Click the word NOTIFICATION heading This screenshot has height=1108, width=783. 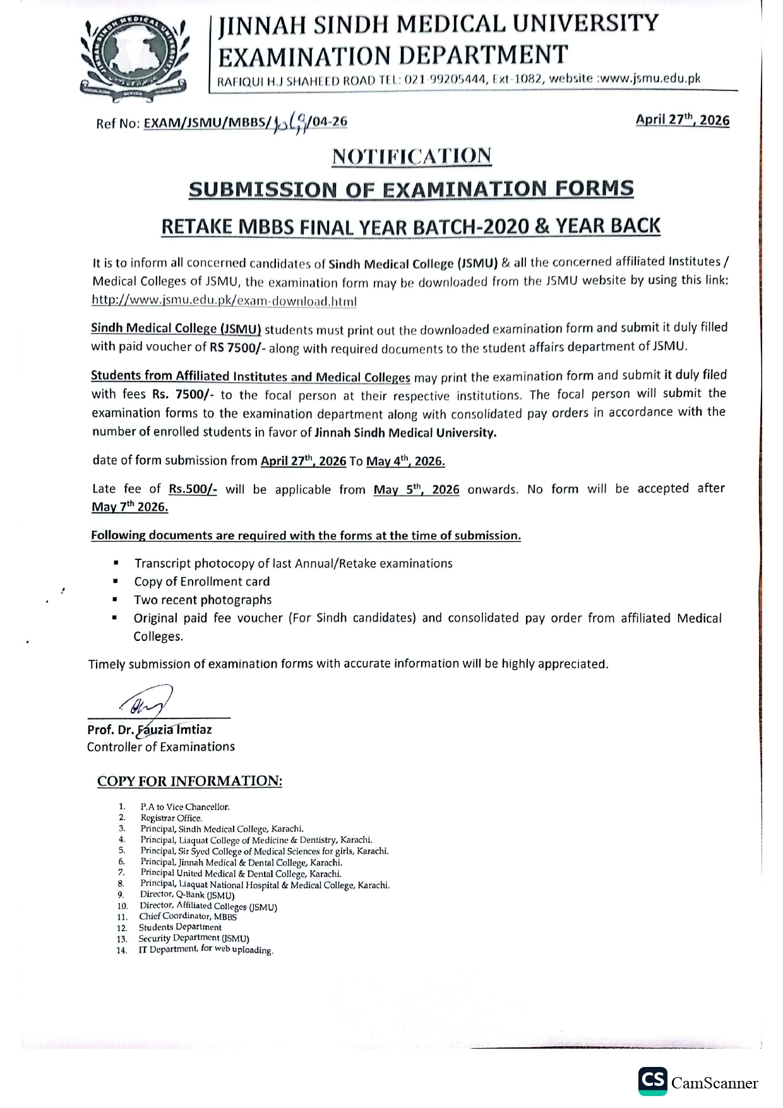coord(412,156)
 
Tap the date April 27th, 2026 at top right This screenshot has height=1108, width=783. coord(682,120)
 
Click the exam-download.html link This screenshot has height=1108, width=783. coord(224,301)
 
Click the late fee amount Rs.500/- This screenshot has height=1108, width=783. coord(193,489)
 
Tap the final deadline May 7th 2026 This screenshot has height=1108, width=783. coord(129,507)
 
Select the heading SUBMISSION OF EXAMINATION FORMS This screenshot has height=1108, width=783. coord(411,189)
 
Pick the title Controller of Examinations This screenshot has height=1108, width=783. coord(161,747)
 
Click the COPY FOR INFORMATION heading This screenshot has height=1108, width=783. coord(189,782)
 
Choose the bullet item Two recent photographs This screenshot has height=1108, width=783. coord(203,600)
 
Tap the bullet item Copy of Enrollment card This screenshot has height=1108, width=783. coord(202,581)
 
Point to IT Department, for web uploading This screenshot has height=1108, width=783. coord(206,950)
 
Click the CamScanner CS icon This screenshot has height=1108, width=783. coord(652,1081)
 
